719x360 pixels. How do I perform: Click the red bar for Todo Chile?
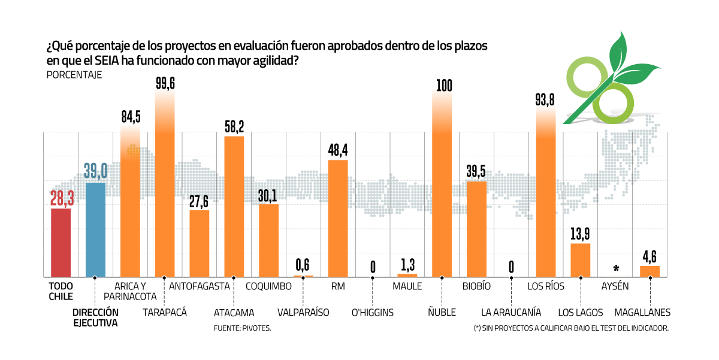click(61, 243)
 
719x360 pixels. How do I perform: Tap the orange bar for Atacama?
click(234, 207)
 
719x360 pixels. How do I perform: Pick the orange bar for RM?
click(338, 218)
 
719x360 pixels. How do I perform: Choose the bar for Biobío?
click(476, 229)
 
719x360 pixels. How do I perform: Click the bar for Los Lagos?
click(581, 260)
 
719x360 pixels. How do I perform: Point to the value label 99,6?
click(165, 83)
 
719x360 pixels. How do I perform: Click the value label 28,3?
click(61, 198)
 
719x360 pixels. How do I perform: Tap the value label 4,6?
click(650, 256)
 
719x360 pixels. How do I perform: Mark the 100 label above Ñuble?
click(442, 84)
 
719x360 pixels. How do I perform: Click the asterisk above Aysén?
click(616, 268)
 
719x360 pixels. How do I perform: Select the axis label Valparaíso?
click(303, 312)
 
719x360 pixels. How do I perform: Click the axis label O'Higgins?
click(372, 312)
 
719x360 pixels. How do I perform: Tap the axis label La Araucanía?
click(511, 312)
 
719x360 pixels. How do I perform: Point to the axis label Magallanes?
click(642, 312)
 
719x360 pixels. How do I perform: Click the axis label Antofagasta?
click(200, 286)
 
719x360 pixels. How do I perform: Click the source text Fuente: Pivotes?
click(242, 328)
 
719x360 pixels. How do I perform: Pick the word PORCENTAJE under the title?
click(74, 75)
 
